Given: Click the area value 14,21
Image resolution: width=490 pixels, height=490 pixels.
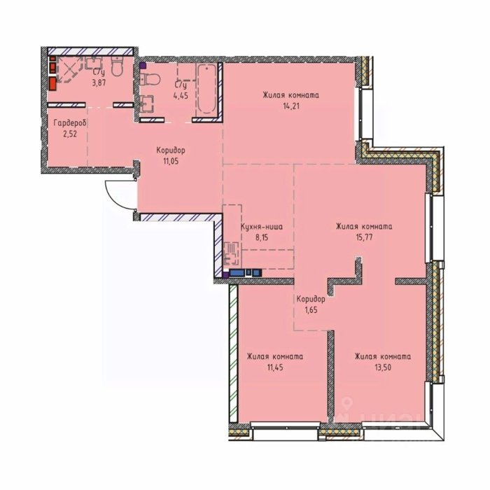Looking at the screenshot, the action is (291, 106).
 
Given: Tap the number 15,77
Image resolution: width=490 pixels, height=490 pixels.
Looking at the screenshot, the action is (364, 237).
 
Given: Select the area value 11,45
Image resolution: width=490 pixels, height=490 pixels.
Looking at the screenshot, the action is (275, 367).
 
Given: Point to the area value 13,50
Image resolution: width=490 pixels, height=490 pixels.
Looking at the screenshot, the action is (383, 367).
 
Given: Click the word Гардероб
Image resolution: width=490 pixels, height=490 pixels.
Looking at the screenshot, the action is (70, 123).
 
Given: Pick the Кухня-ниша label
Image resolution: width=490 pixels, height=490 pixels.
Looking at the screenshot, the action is (262, 226).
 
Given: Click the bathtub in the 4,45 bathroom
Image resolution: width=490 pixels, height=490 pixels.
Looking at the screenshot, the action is (207, 89).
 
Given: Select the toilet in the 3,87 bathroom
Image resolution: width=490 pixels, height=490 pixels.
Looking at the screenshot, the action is (118, 66).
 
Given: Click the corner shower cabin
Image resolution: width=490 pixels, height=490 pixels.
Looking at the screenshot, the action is (68, 70).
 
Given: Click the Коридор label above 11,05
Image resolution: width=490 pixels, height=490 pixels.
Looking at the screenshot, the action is (171, 150).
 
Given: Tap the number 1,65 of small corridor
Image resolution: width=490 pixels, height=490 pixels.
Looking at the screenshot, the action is (311, 310).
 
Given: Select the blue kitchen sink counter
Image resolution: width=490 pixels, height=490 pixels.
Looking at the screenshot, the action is (245, 273).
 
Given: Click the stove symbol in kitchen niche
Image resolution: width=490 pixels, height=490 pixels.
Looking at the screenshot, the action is (232, 253).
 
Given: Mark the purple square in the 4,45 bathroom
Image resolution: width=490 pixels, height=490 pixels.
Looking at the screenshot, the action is (143, 66).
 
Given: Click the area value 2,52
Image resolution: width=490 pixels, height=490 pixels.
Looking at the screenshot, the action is (70, 134).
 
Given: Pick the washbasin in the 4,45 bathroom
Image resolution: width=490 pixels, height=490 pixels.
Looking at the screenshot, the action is (146, 104).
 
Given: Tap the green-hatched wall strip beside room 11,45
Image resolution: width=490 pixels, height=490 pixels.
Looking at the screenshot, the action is (233, 353).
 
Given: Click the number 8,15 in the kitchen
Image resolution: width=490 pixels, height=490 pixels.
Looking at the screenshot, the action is (262, 237).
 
